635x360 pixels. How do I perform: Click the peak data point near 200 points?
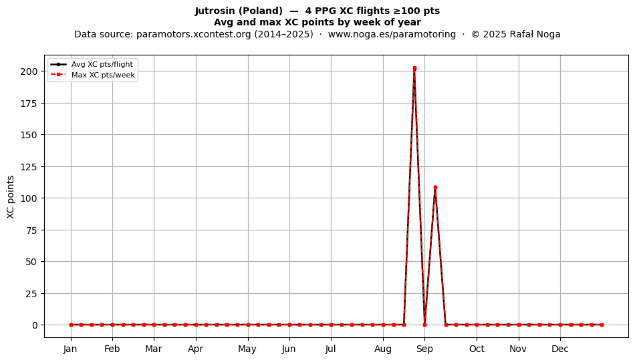[x=414, y=68]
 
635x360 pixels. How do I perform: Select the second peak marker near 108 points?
[x=435, y=187]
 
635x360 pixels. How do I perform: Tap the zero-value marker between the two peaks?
[x=425, y=325]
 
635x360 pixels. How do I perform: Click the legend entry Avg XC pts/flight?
[x=102, y=64]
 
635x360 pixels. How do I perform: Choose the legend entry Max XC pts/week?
[x=103, y=75]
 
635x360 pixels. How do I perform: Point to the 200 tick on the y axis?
[x=29, y=71]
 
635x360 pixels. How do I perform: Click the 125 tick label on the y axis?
[x=29, y=167]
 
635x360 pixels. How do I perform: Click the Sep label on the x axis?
[x=425, y=349]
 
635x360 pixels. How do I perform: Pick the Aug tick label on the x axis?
[x=383, y=349]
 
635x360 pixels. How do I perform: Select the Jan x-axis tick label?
[x=70, y=349]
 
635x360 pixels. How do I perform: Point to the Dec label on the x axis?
[x=560, y=349]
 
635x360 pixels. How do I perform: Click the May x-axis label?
[x=247, y=349]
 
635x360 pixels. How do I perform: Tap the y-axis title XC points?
[x=11, y=197]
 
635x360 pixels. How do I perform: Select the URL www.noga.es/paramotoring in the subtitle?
[x=392, y=34]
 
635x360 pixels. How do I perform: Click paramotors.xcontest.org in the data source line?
[x=194, y=34]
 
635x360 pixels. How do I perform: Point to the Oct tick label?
[x=477, y=349]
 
